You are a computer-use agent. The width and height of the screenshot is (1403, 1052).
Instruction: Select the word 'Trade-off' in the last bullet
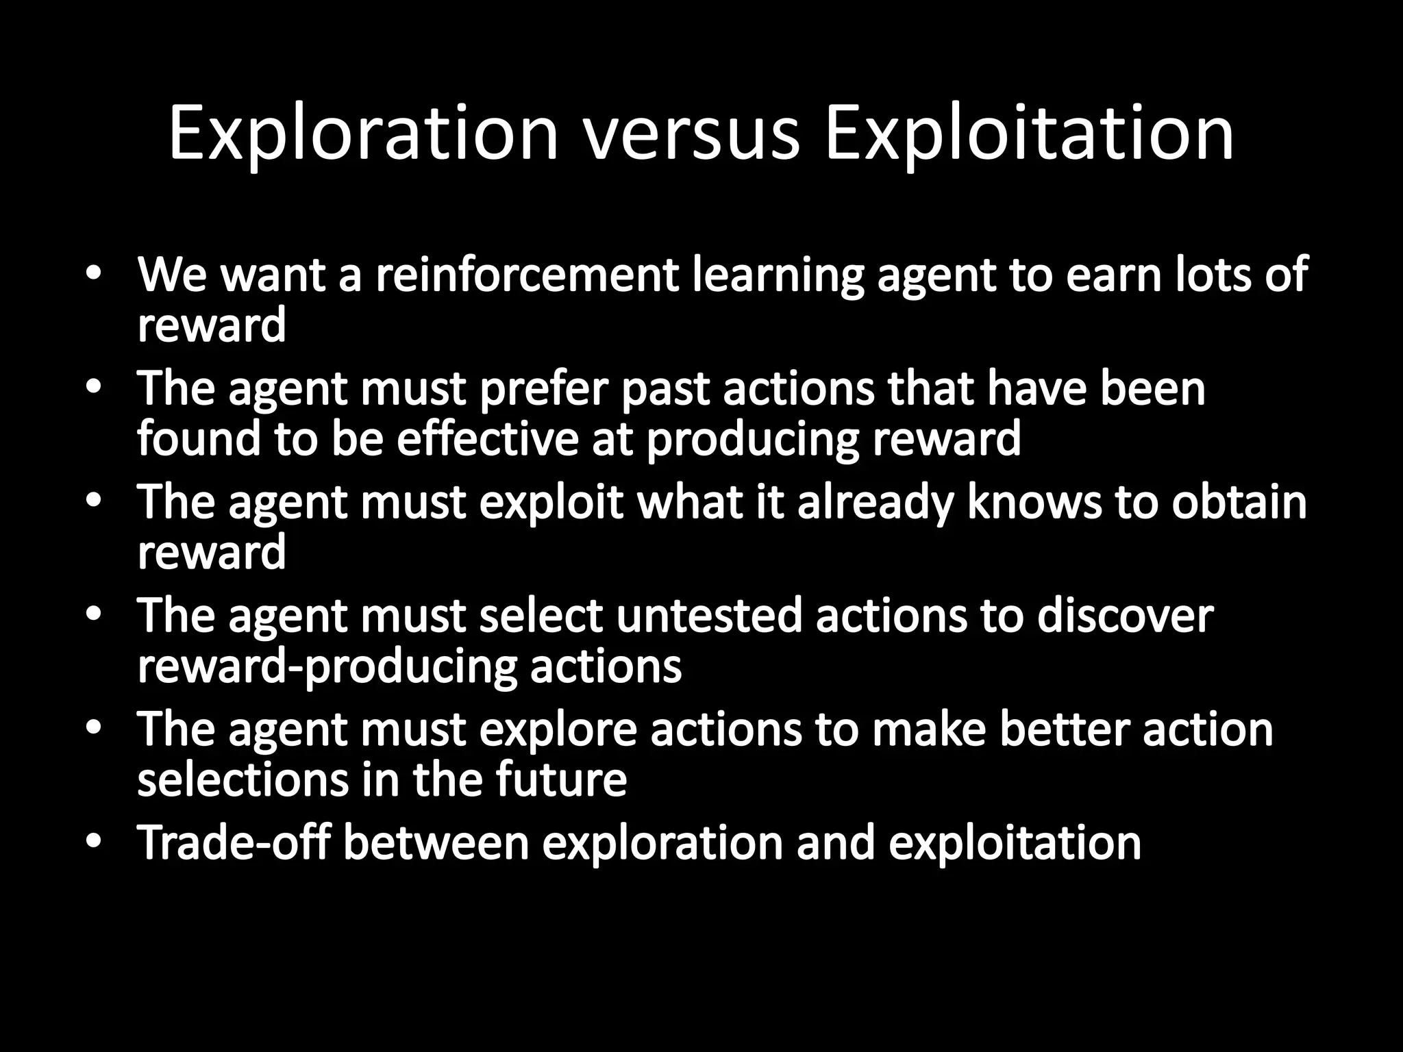click(233, 842)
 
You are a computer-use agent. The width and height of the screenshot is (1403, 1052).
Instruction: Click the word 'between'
click(436, 842)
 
